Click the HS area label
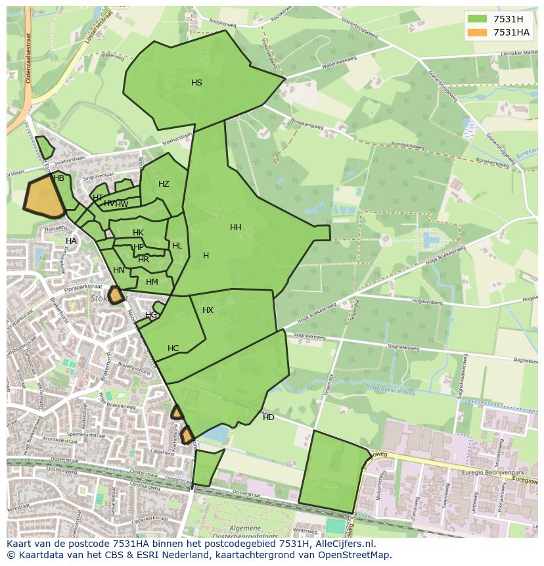(x=196, y=83)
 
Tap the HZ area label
(x=164, y=184)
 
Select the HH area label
(x=235, y=227)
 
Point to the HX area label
(x=208, y=310)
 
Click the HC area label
(x=173, y=348)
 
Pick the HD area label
(x=269, y=417)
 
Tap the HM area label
(x=152, y=282)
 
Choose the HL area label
(x=177, y=246)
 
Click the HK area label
(x=138, y=233)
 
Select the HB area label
(x=58, y=178)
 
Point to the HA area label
(x=71, y=241)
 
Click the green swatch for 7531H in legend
(x=478, y=18)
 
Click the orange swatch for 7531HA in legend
(x=478, y=32)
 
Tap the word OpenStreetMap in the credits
(x=355, y=555)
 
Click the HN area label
(x=118, y=270)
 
